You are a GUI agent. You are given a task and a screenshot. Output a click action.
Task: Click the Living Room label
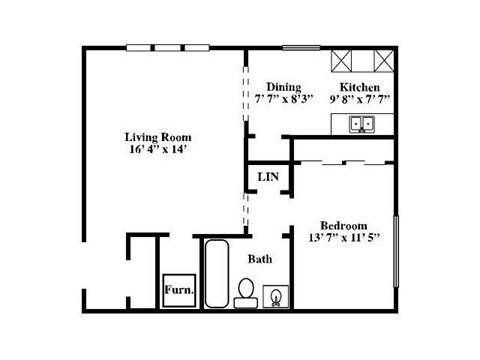tap(158, 137)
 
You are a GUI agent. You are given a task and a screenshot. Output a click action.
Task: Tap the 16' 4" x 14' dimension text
tap(158, 151)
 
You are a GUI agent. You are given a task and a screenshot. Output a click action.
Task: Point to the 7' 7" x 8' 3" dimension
tap(284, 100)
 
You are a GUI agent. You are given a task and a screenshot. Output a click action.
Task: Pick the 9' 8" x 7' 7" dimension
tap(360, 100)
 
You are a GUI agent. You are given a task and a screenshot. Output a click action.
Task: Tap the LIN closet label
tap(267, 177)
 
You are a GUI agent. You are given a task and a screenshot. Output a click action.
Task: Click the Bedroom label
tap(343, 224)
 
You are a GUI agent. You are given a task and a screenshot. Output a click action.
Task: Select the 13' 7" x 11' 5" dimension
tap(343, 238)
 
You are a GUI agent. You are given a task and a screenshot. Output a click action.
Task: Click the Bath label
tap(260, 259)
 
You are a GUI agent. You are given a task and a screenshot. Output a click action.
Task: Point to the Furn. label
tap(179, 293)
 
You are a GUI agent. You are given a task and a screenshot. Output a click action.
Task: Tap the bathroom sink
tap(275, 297)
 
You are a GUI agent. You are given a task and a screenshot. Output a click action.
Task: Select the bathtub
tap(215, 274)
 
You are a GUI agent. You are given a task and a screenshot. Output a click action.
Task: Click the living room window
tap(183, 47)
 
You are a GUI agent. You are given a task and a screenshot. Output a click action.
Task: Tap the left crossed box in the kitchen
tap(346, 61)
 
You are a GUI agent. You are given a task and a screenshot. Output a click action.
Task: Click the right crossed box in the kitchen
tap(380, 61)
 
